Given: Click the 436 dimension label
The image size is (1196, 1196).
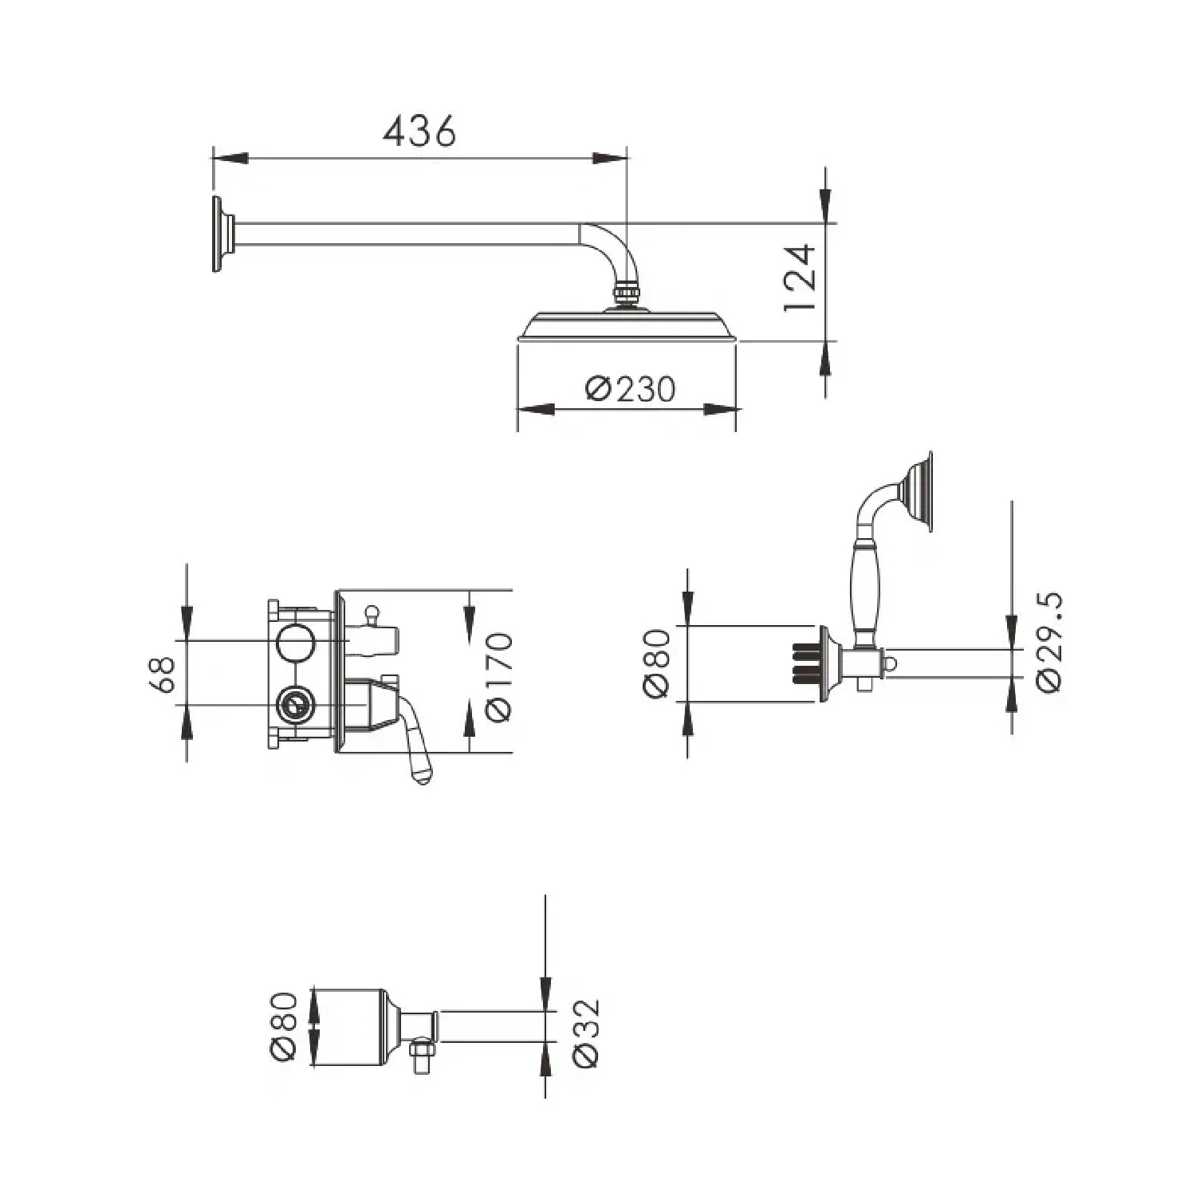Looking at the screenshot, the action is tap(419, 131).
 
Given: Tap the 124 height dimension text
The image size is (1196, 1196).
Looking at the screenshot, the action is tap(801, 278).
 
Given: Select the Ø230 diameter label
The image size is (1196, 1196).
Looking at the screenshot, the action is tap(630, 390).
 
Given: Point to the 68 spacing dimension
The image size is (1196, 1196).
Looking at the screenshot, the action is tap(164, 675).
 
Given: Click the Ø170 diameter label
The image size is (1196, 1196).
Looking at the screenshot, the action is tap(497, 678).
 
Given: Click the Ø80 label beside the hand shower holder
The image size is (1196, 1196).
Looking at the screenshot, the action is tap(658, 664).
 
